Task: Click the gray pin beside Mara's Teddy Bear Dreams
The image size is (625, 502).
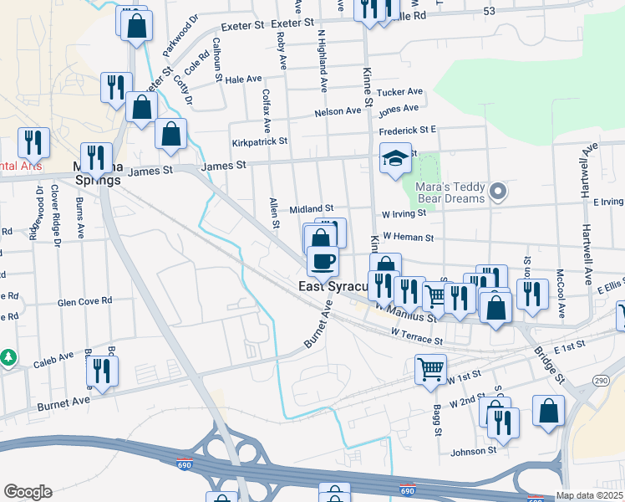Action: tap(498, 193)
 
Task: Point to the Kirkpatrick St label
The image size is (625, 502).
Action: tap(260, 142)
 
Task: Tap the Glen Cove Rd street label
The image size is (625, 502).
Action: tap(84, 302)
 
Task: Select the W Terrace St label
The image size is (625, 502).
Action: tap(416, 336)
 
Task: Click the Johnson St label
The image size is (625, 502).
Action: tap(474, 451)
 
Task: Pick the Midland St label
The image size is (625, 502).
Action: tap(312, 208)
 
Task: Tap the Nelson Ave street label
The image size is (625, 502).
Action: tap(337, 112)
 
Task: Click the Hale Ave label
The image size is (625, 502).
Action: tap(243, 79)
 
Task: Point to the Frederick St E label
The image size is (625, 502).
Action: tap(408, 131)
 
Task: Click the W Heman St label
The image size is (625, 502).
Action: tap(408, 238)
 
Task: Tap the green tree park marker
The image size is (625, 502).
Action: tap(8, 357)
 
